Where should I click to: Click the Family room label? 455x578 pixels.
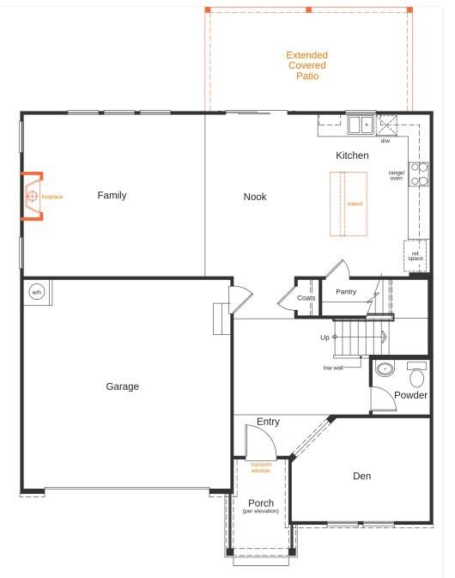112,196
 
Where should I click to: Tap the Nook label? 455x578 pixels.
255,197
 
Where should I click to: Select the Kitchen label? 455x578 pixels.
352,155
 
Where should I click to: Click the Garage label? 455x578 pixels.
122,386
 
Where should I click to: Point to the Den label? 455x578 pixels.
362,476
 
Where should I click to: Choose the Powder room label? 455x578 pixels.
410,396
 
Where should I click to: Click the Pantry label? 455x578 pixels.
346,292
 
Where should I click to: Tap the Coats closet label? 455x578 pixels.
306,298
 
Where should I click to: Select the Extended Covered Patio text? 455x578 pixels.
306,65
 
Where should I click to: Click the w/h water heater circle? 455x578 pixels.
37,292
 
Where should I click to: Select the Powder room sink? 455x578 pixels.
385,370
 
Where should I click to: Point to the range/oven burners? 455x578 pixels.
419,174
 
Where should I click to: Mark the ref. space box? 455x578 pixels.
416,254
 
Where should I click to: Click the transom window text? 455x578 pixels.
261,467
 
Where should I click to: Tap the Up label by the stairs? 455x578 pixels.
325,338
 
